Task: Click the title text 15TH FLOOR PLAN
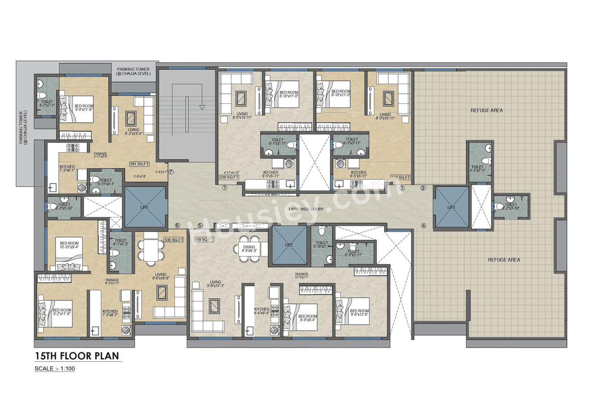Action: tap(77, 356)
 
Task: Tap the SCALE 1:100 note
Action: tap(54, 369)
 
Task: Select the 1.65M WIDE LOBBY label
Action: tap(306, 209)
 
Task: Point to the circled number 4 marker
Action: tap(423, 225)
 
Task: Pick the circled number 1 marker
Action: tap(225, 188)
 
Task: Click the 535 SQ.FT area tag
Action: tap(173, 239)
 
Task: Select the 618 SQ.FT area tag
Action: tap(204, 239)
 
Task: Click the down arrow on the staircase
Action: tap(201, 107)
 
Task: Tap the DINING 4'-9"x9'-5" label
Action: tap(249, 249)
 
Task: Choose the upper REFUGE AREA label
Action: tap(486, 110)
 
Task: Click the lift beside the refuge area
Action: tap(451, 208)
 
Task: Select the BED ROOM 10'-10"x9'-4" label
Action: tap(69, 245)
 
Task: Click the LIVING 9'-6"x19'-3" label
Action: tap(215, 285)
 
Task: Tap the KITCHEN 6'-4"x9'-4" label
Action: tap(261, 311)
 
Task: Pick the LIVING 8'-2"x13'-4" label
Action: tap(133, 132)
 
